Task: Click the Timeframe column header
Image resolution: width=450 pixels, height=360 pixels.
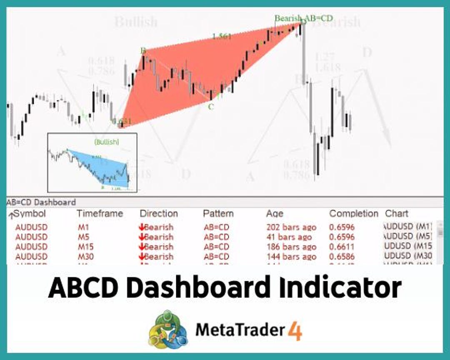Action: click(x=100, y=214)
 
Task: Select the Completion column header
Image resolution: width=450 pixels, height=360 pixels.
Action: click(x=353, y=214)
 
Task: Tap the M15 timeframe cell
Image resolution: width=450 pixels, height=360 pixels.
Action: click(x=86, y=247)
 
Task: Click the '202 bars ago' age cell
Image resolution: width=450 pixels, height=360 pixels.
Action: click(x=291, y=227)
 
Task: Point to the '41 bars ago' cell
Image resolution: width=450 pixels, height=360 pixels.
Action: click(x=289, y=237)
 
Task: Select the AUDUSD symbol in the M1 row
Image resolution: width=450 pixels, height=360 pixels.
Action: click(x=31, y=227)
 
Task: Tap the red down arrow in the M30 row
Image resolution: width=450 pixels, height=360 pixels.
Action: click(x=141, y=257)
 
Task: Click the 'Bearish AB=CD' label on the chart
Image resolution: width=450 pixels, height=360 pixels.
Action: click(x=303, y=18)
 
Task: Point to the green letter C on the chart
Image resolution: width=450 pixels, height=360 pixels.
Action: click(x=211, y=107)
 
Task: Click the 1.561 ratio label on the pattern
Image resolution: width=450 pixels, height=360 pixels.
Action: click(x=222, y=36)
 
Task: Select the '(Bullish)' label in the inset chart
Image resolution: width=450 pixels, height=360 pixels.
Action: click(x=107, y=142)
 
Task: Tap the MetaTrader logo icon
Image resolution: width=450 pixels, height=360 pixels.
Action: click(x=168, y=331)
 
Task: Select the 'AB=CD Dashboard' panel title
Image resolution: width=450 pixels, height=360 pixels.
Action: click(x=41, y=202)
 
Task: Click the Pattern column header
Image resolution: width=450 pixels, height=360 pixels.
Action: click(x=218, y=214)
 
